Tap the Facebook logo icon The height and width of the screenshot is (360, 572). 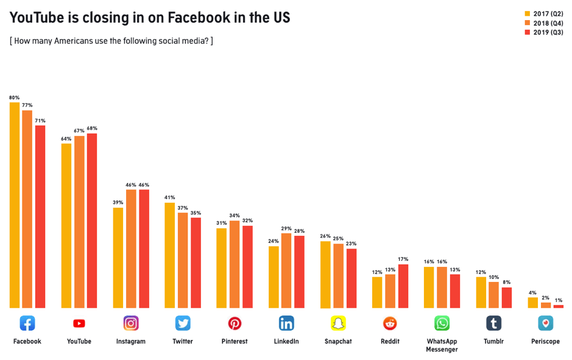pyautogui.click(x=27, y=323)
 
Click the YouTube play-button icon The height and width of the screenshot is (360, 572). pyautogui.click(x=79, y=323)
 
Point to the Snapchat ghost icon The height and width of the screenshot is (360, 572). pyautogui.click(x=338, y=323)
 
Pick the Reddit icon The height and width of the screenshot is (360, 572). pyautogui.click(x=390, y=323)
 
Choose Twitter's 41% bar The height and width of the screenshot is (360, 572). pyautogui.click(x=170, y=255)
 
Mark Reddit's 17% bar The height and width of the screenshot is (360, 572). pyautogui.click(x=403, y=286)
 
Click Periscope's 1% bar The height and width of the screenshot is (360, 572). pyautogui.click(x=558, y=306)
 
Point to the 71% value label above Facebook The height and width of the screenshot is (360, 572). pyautogui.click(x=40, y=121)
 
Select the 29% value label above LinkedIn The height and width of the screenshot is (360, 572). pyautogui.click(x=286, y=228)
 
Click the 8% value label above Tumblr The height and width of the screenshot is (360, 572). pyautogui.click(x=506, y=282)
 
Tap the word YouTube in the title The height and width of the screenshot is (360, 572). pyautogui.click(x=37, y=18)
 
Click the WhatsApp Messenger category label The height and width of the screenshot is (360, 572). pyautogui.click(x=442, y=345)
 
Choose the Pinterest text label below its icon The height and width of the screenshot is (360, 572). pyautogui.click(x=235, y=342)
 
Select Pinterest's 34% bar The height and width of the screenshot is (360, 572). pyautogui.click(x=235, y=264)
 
